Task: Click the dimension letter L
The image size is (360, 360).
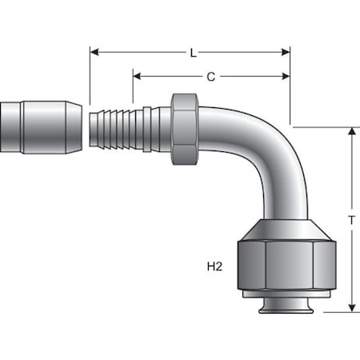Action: (x=194, y=53)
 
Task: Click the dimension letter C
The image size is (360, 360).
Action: (x=211, y=77)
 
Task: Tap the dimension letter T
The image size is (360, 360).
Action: (x=352, y=221)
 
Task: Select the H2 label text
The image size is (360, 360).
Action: (x=214, y=266)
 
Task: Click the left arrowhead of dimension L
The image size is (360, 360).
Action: (x=94, y=52)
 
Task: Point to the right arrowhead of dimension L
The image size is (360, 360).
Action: (x=286, y=52)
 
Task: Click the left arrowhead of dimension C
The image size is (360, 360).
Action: (x=137, y=77)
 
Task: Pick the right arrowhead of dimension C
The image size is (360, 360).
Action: (x=286, y=77)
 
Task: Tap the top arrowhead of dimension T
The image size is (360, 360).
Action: (x=352, y=132)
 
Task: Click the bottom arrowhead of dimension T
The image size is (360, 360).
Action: (x=352, y=307)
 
